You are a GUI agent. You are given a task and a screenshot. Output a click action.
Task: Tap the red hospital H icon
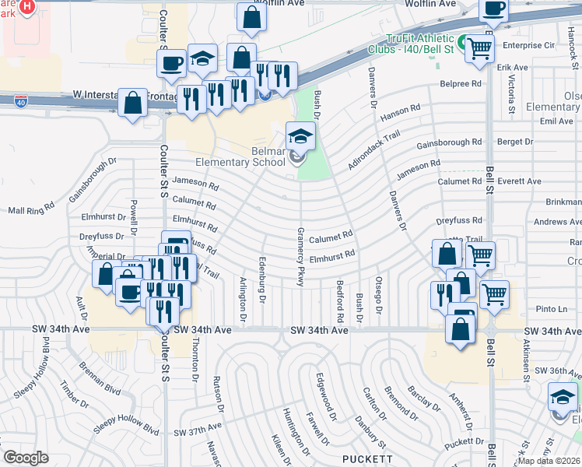26,7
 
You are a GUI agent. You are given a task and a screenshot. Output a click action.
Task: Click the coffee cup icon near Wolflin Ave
493,9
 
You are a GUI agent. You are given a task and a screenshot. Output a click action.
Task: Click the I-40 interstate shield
20,101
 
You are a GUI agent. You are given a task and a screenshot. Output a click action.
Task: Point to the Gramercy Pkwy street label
300,256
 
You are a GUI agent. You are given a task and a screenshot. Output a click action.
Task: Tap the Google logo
26,458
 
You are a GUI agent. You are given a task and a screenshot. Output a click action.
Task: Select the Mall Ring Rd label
31,210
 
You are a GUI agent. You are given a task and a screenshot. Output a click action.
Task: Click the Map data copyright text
549,461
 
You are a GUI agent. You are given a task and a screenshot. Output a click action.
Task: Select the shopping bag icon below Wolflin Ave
251,18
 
